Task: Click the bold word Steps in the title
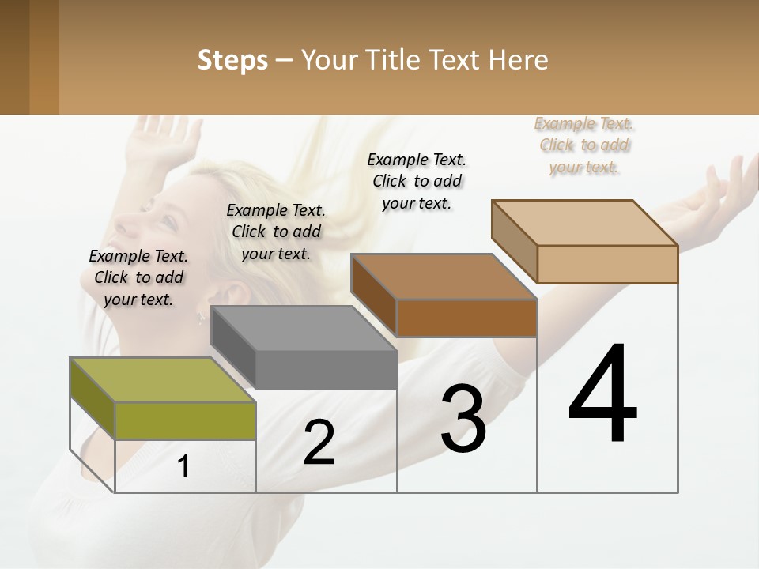pyautogui.click(x=232, y=60)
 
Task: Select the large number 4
pyautogui.click(x=603, y=394)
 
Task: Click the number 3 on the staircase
pyautogui.click(x=463, y=418)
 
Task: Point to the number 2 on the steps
pyautogui.click(x=319, y=443)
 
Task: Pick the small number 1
pyautogui.click(x=183, y=467)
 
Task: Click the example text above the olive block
pyautogui.click(x=138, y=277)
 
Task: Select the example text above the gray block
pyautogui.click(x=276, y=232)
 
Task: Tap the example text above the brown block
pyautogui.click(x=417, y=181)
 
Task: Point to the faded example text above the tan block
pyautogui.click(x=584, y=145)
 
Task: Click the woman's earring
pyautogui.click(x=201, y=318)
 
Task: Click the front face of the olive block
pyautogui.click(x=185, y=420)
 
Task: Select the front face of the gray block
pyautogui.click(x=326, y=370)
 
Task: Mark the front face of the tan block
pyautogui.click(x=607, y=264)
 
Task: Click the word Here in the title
pyautogui.click(x=519, y=60)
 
